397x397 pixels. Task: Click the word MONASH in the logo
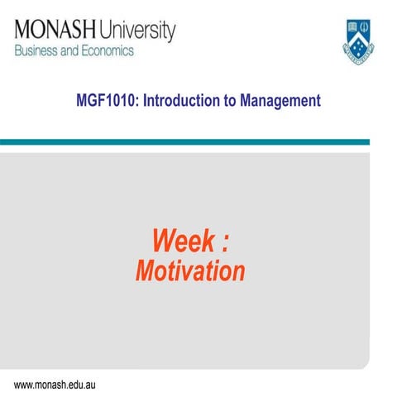[x=53, y=32]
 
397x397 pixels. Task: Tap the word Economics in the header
[x=106, y=51]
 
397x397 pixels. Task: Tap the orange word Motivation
[x=190, y=271]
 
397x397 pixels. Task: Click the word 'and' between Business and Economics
[x=72, y=51]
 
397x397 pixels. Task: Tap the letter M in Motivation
[x=144, y=271]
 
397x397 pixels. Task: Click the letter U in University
[x=105, y=32]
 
